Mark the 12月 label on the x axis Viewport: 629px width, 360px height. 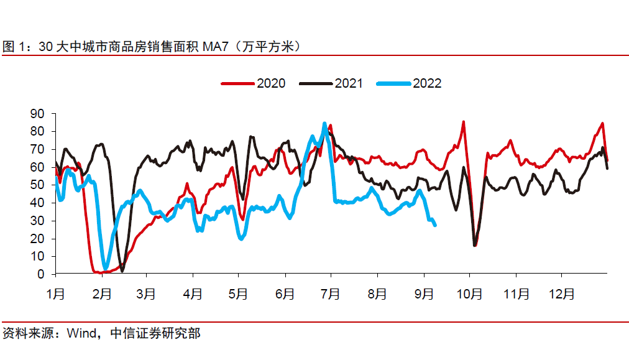click(x=562, y=293)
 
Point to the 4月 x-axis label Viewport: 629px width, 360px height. click(x=193, y=293)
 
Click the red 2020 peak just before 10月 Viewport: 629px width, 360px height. click(x=463, y=122)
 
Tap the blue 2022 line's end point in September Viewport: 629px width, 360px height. click(x=434, y=225)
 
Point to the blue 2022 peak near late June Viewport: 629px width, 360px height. click(x=324, y=124)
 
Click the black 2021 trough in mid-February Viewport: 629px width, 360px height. click(x=122, y=270)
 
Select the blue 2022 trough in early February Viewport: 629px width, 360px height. click(x=105, y=268)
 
